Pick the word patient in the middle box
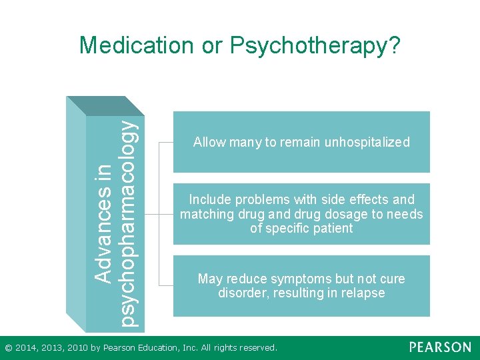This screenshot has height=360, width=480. click(x=333, y=229)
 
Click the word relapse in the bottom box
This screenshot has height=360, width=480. click(x=363, y=293)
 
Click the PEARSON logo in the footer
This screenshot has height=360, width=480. click(x=440, y=347)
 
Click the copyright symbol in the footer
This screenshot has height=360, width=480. click(x=8, y=347)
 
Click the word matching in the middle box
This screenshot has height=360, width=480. click(x=204, y=214)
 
